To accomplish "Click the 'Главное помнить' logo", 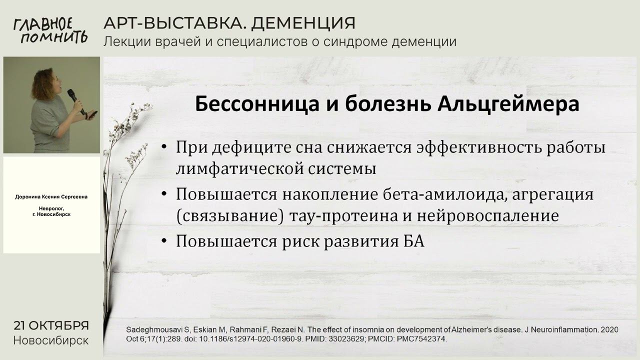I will [x=50, y=30].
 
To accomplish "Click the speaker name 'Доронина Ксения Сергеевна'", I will [x=51, y=197].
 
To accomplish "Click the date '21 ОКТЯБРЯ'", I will [x=51, y=325].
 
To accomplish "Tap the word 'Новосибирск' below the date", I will [x=51, y=341].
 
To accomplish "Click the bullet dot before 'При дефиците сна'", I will [x=164, y=148].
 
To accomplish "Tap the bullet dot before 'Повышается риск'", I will [x=164, y=241].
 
